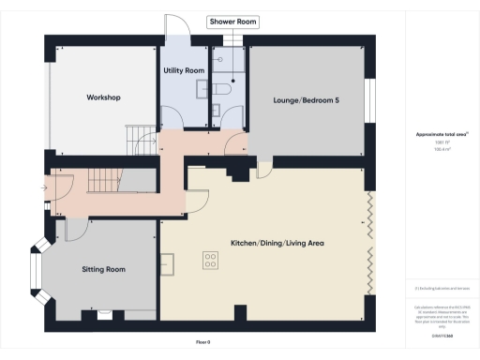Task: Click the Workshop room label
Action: [102, 97]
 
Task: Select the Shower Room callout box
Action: [232, 21]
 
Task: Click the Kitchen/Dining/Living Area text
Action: [277, 243]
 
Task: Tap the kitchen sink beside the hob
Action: [168, 265]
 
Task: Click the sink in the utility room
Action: [202, 89]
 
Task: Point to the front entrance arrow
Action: [44, 186]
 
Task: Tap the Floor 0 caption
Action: [203, 341]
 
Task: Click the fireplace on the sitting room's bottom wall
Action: [105, 314]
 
